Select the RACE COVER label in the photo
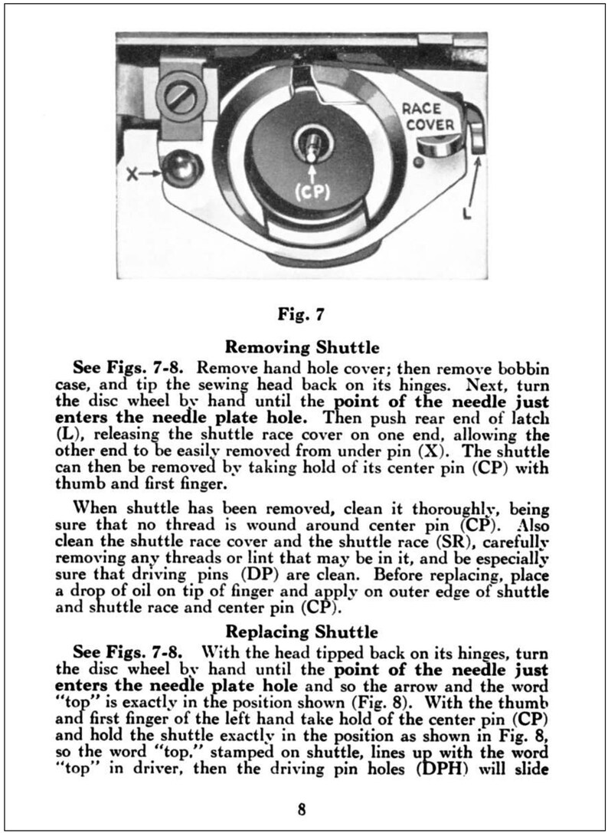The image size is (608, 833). coord(429,116)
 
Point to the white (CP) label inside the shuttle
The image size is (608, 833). coord(311,193)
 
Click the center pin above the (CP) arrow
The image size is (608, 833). coord(311,144)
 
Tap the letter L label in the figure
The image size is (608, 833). coord(466,215)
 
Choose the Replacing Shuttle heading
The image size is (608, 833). coord(304,632)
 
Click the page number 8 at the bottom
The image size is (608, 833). coord(303,808)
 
